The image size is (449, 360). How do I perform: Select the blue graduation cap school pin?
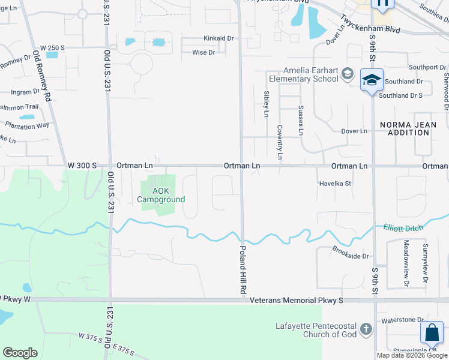click(372, 81)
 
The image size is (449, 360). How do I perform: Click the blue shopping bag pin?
click(432, 333)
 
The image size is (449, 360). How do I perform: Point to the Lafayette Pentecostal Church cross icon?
click(366, 328)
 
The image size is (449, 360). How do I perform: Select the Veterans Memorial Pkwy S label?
click(296, 299)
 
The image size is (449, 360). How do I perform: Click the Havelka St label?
click(335, 184)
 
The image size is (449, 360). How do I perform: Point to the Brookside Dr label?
click(350, 256)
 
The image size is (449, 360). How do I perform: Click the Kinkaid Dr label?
click(217, 38)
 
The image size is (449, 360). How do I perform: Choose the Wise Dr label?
click(203, 52)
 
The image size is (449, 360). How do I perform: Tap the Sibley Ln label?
click(266, 103)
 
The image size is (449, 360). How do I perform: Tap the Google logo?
click(20, 353)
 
